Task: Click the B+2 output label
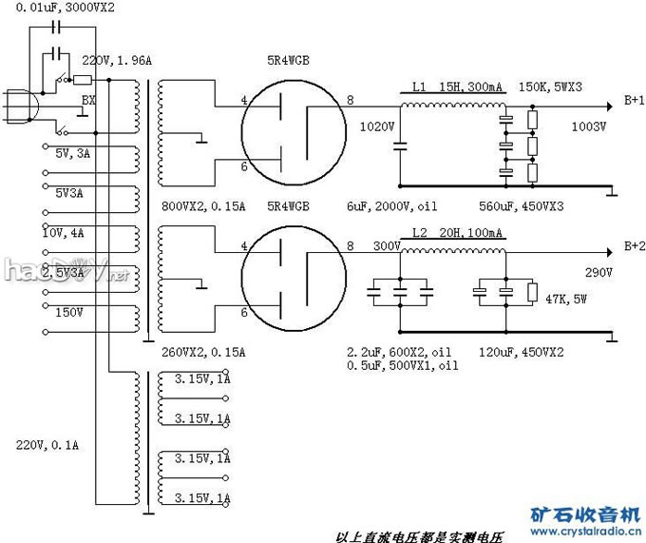(x=633, y=245)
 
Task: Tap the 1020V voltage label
(x=377, y=125)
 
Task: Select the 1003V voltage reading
(x=588, y=125)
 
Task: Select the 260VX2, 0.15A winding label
(x=203, y=352)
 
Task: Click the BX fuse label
(x=88, y=99)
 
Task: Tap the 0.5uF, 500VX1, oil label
(x=403, y=365)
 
